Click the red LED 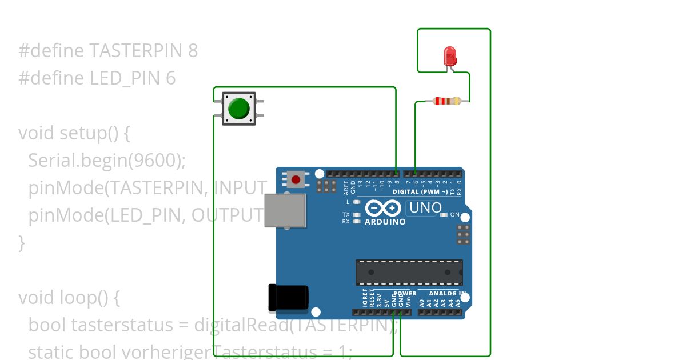(450, 56)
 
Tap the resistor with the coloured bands (446, 101)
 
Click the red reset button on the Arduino (296, 179)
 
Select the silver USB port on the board (285, 210)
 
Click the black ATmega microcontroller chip (409, 272)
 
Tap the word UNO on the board (424, 208)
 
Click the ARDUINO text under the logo (385, 222)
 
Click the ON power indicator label (455, 215)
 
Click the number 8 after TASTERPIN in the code (193, 51)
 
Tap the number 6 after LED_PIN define (170, 78)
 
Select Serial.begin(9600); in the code (107, 161)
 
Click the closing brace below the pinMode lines (22, 243)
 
